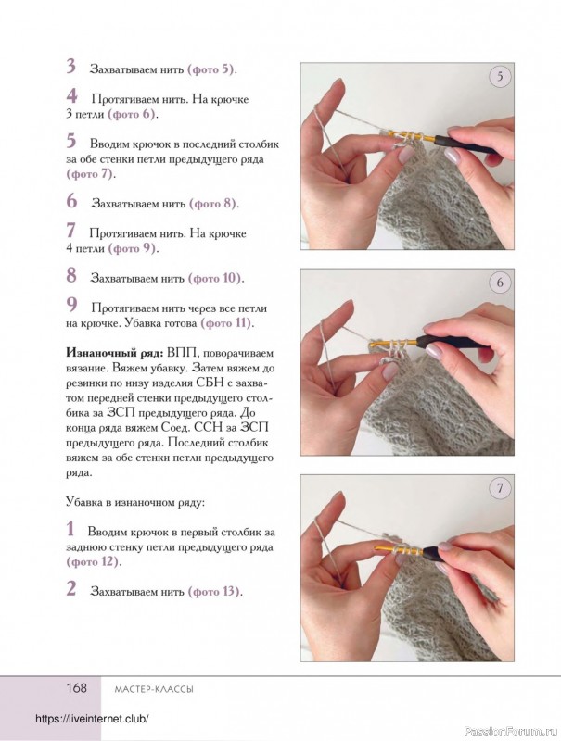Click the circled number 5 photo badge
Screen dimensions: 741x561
pos(500,77)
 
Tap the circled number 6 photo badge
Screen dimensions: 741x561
pos(500,283)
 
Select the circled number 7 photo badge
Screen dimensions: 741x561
pos(500,489)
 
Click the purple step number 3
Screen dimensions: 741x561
pos(70,67)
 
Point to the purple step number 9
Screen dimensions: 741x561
pos(71,304)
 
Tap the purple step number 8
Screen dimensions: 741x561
pos(71,275)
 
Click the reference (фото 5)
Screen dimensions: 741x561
pos(212,69)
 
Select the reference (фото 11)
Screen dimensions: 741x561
pos(226,323)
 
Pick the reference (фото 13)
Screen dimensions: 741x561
pos(214,591)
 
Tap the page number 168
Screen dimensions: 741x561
pos(76,687)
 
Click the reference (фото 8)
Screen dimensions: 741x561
pos(214,203)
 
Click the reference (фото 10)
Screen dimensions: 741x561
pos(216,278)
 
